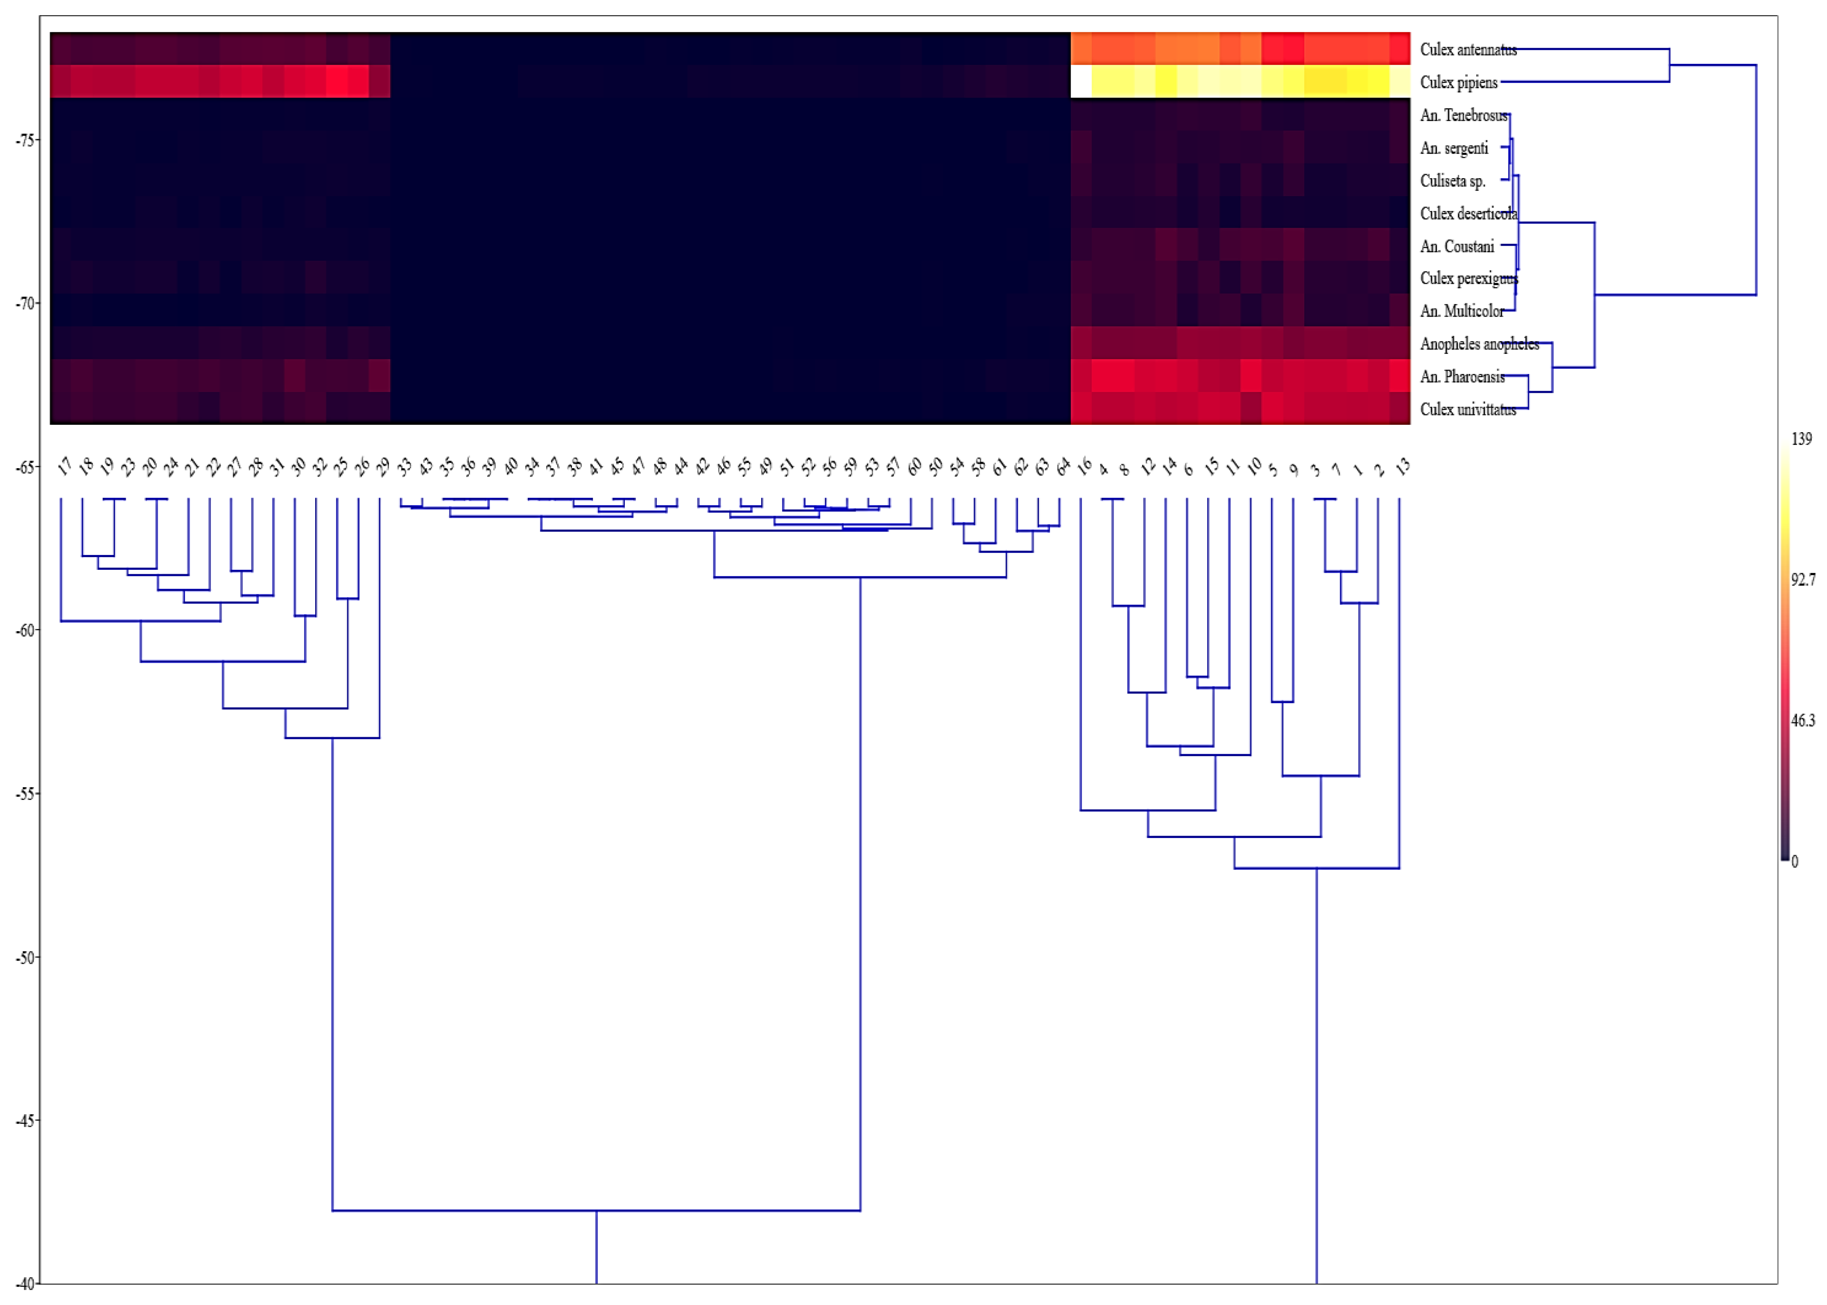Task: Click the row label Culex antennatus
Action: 1467,50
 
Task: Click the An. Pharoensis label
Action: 1462,377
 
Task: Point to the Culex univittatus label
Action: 1467,410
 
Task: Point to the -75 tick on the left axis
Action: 25,140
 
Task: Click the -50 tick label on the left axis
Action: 25,958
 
